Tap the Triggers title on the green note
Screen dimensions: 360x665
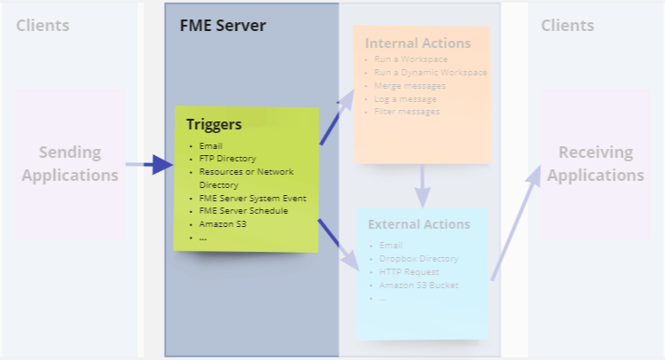click(x=214, y=124)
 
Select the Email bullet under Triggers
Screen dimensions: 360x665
click(x=211, y=145)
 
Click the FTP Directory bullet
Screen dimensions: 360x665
click(x=227, y=159)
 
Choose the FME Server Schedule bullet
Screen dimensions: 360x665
click(x=243, y=211)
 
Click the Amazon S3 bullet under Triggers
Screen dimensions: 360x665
click(x=223, y=224)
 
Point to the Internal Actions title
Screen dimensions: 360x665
click(x=418, y=43)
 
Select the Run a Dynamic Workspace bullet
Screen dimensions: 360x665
click(x=430, y=73)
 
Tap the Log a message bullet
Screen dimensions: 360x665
click(x=405, y=99)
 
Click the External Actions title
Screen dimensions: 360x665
click(x=419, y=223)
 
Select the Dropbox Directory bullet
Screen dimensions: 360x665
click(x=419, y=258)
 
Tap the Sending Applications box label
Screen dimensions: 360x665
click(x=69, y=164)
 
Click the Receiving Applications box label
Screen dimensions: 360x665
click(x=595, y=164)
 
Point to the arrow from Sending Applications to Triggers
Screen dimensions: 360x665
click(x=149, y=164)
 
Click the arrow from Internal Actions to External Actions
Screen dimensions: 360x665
click(x=422, y=185)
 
